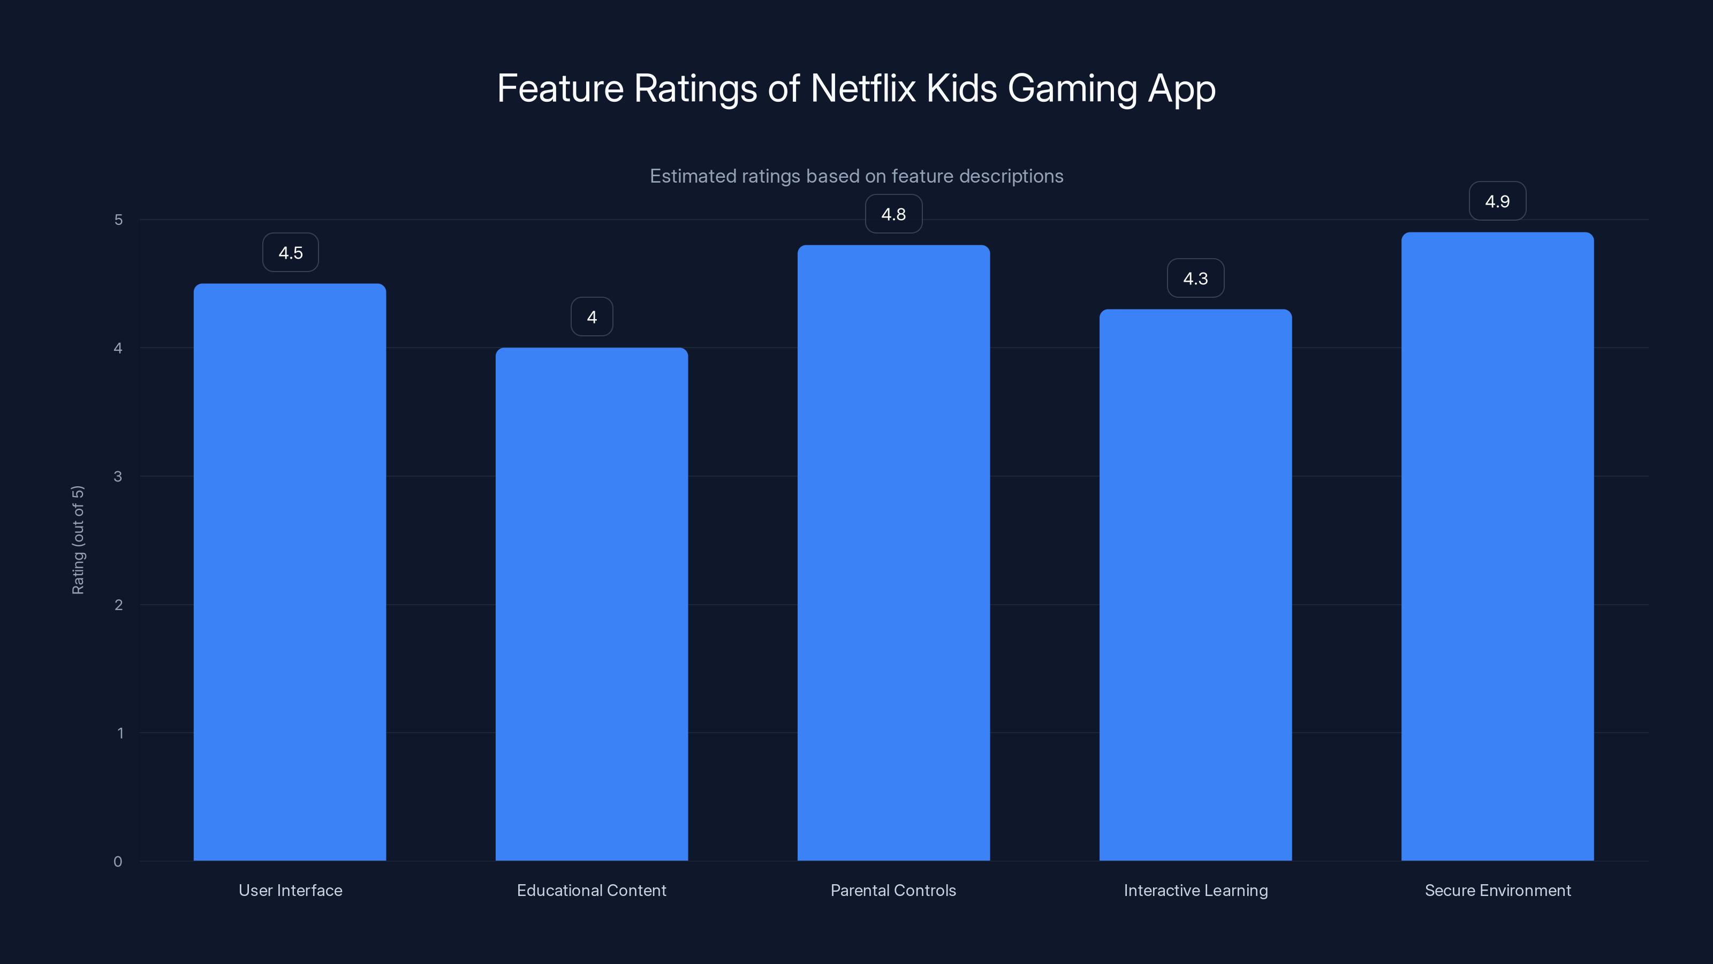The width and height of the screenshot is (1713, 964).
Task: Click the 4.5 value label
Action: pyautogui.click(x=291, y=253)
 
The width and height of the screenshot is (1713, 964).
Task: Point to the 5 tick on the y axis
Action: pyautogui.click(x=118, y=220)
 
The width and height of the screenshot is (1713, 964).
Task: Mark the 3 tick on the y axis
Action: pyautogui.click(x=118, y=476)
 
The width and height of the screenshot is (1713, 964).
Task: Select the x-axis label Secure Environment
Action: pyautogui.click(x=1498, y=890)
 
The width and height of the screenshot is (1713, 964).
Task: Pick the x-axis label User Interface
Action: pyautogui.click(x=290, y=890)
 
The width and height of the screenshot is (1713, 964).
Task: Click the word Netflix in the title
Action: pyautogui.click(x=862, y=88)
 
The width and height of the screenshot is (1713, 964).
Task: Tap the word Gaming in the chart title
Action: pyautogui.click(x=1072, y=89)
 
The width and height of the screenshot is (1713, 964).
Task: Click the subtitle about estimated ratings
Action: pyautogui.click(x=856, y=176)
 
